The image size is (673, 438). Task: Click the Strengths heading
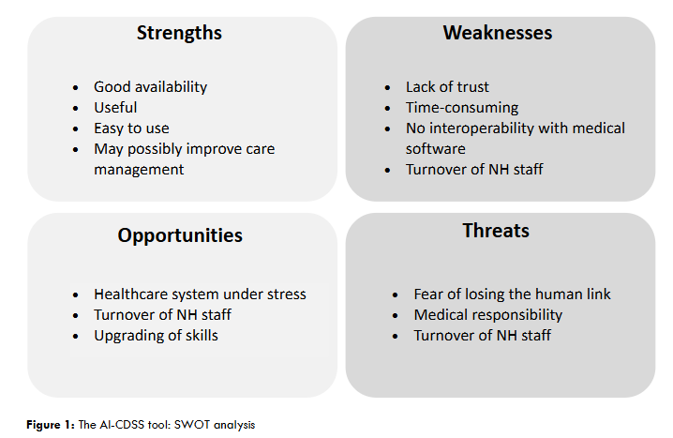[x=179, y=33]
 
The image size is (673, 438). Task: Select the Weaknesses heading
[x=498, y=33]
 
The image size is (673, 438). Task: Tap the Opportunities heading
[x=180, y=235]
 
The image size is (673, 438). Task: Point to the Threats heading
[x=496, y=231]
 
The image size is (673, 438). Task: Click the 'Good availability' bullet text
[x=150, y=87]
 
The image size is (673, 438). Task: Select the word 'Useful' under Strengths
[x=115, y=107]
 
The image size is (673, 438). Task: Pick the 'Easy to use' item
[x=131, y=128]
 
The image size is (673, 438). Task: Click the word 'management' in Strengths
[x=139, y=170]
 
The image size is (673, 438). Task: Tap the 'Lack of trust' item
[x=447, y=86]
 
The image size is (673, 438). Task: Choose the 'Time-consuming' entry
[x=462, y=108]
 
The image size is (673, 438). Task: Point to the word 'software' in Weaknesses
[x=435, y=148]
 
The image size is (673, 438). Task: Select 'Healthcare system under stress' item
[x=200, y=295]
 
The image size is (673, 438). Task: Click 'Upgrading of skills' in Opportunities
[x=156, y=336]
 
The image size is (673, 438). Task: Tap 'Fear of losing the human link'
[x=512, y=295]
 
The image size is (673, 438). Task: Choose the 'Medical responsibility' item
[x=488, y=315]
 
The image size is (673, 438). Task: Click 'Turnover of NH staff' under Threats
[x=482, y=336]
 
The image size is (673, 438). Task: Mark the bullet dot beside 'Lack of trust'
[x=387, y=88]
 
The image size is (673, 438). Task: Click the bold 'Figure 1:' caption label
[x=51, y=425]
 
